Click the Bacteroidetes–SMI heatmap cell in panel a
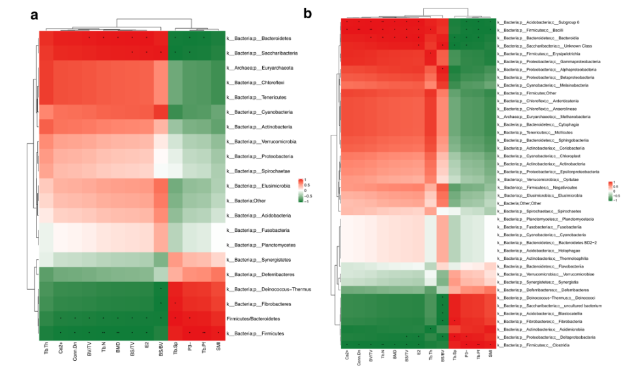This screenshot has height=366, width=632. pyautogui.click(x=218, y=38)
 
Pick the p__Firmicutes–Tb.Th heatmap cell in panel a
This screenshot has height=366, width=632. pyautogui.click(x=47, y=333)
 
